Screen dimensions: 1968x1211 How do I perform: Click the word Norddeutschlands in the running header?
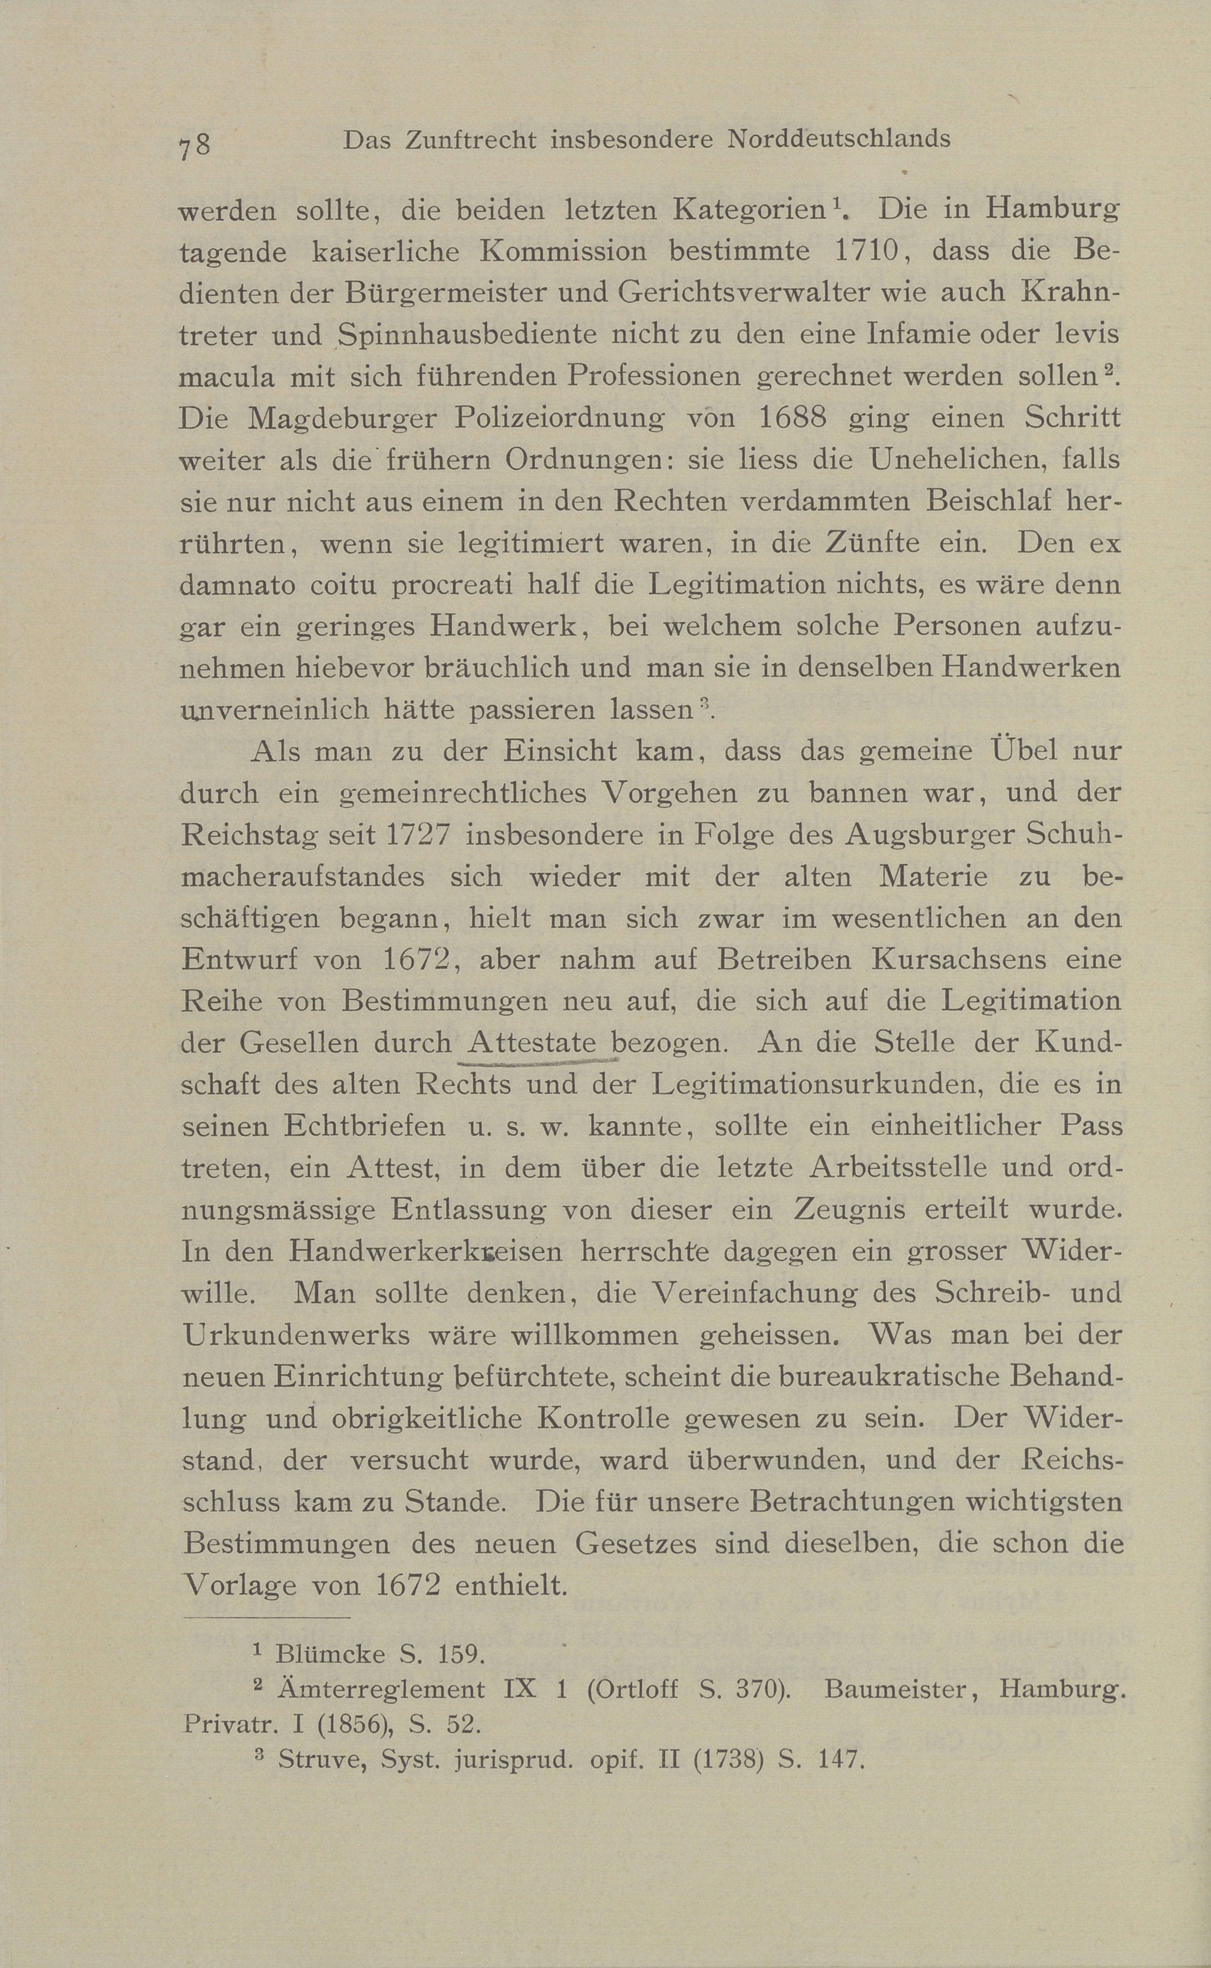838,140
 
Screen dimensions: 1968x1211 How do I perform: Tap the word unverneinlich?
274,710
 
